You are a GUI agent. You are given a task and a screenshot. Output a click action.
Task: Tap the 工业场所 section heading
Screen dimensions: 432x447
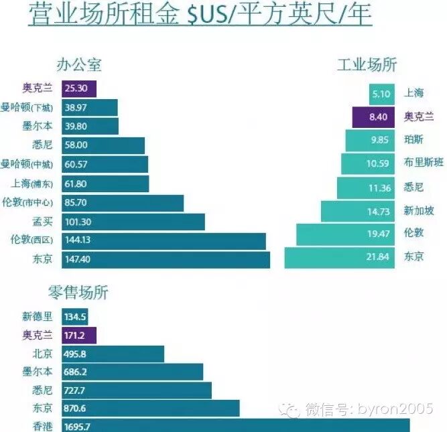tap(367, 64)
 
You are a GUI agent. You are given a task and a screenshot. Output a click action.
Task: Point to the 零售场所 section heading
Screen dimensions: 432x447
tap(78, 292)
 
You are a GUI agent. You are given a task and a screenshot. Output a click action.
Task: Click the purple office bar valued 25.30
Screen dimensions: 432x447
tap(79, 89)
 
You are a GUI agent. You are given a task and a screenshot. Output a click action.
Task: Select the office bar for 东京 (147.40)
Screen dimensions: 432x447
tap(166, 259)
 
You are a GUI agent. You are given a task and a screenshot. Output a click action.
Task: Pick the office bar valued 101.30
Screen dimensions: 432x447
tap(133, 222)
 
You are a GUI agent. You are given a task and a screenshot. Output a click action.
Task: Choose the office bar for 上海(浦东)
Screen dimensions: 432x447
tap(105, 184)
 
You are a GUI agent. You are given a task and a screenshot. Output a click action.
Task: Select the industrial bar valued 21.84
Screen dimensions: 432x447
tap(340, 257)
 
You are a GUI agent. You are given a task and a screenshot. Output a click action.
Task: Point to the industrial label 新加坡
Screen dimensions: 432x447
tap(419, 211)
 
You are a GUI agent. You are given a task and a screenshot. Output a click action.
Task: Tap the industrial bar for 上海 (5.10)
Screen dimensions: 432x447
tap(382, 94)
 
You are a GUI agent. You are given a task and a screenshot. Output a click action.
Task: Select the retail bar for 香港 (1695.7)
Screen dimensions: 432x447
tap(235, 425)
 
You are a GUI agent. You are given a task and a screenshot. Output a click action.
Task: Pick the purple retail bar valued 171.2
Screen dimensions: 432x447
tap(79, 335)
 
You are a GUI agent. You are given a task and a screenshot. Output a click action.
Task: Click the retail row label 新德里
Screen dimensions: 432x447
tap(37, 316)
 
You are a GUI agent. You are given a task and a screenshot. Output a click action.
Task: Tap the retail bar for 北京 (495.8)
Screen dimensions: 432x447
tap(113, 354)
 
